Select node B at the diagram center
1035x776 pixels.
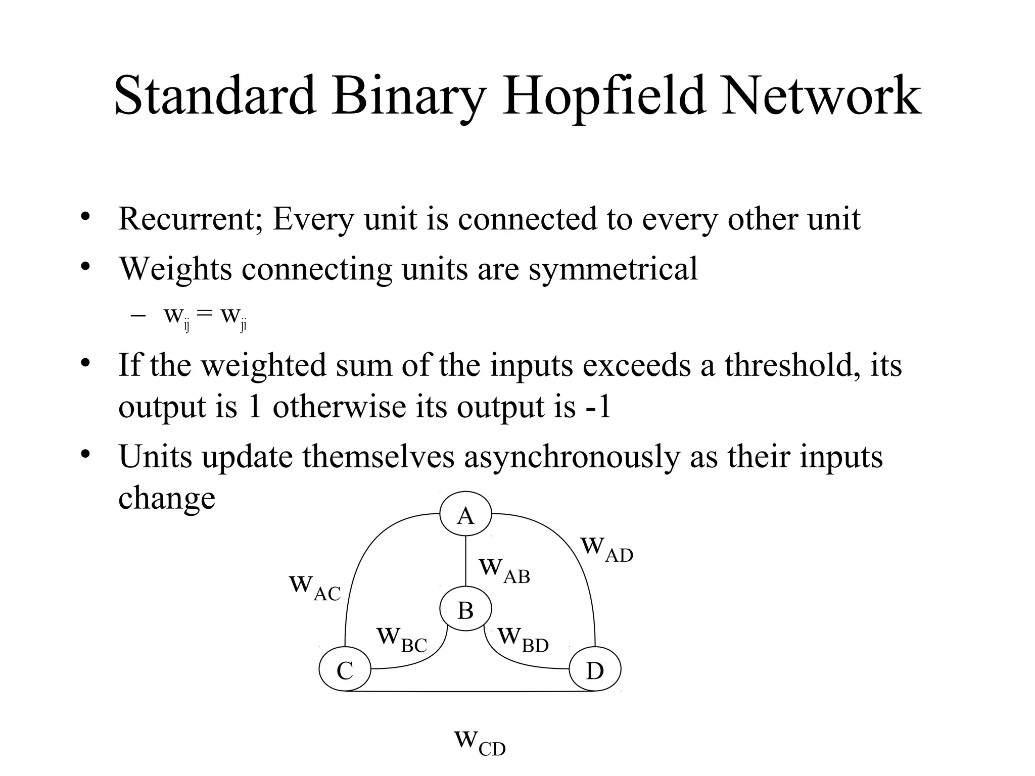click(x=465, y=610)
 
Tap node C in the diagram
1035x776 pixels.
click(x=345, y=671)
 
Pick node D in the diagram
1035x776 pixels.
click(x=595, y=671)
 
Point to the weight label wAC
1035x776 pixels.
click(x=315, y=588)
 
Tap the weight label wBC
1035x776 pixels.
click(x=402, y=640)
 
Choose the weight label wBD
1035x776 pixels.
click(x=523, y=640)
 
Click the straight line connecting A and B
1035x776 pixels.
click(x=465, y=561)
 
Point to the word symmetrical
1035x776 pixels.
click(x=613, y=269)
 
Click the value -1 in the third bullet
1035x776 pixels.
click(x=598, y=407)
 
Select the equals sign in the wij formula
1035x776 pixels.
click(x=205, y=314)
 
